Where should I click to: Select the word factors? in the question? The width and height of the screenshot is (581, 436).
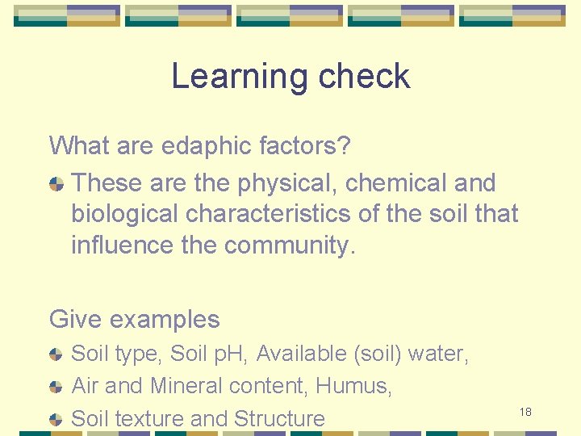(305, 146)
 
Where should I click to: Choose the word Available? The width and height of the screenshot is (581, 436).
(302, 354)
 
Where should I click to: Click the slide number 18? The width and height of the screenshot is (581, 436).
(525, 413)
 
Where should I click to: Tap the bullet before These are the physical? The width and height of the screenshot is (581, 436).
(56, 184)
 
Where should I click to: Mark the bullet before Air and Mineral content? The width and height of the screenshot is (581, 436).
(56, 387)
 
